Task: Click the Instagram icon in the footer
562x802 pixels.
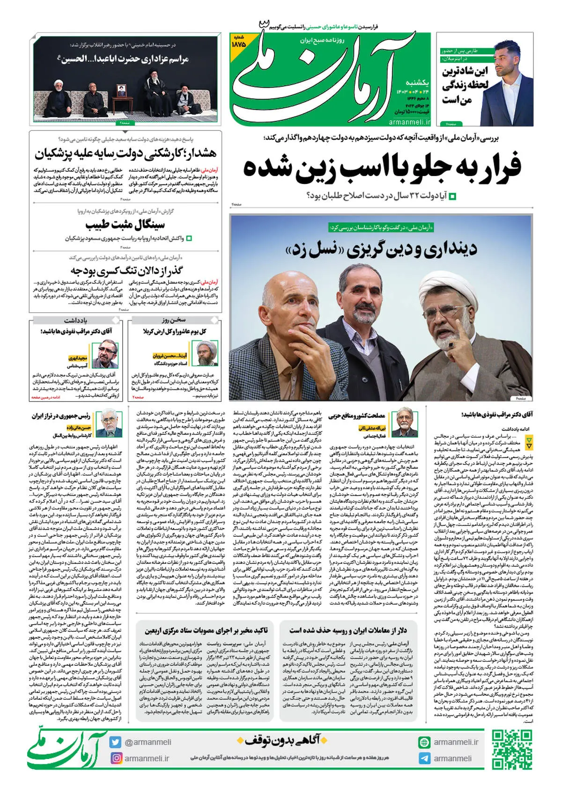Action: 115,758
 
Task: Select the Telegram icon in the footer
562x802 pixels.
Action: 424,758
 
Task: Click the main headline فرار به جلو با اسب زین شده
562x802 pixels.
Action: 382,167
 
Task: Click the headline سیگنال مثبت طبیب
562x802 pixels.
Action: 125,225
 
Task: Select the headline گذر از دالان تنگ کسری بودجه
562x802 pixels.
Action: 126,270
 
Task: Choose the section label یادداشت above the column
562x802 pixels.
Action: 76,321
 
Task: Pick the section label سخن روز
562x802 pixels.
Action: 174,320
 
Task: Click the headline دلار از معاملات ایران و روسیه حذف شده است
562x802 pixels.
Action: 348,630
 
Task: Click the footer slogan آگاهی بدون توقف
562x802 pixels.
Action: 281,740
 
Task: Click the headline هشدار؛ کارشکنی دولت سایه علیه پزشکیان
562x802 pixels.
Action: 125,153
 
